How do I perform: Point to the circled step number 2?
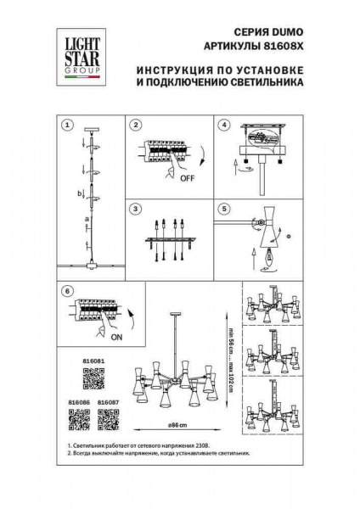point(135,125)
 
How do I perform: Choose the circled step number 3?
point(135,208)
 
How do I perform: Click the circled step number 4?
point(224,125)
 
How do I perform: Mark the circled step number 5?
point(224,208)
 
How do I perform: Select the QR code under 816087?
point(108,421)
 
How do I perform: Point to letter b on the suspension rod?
point(79,194)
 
